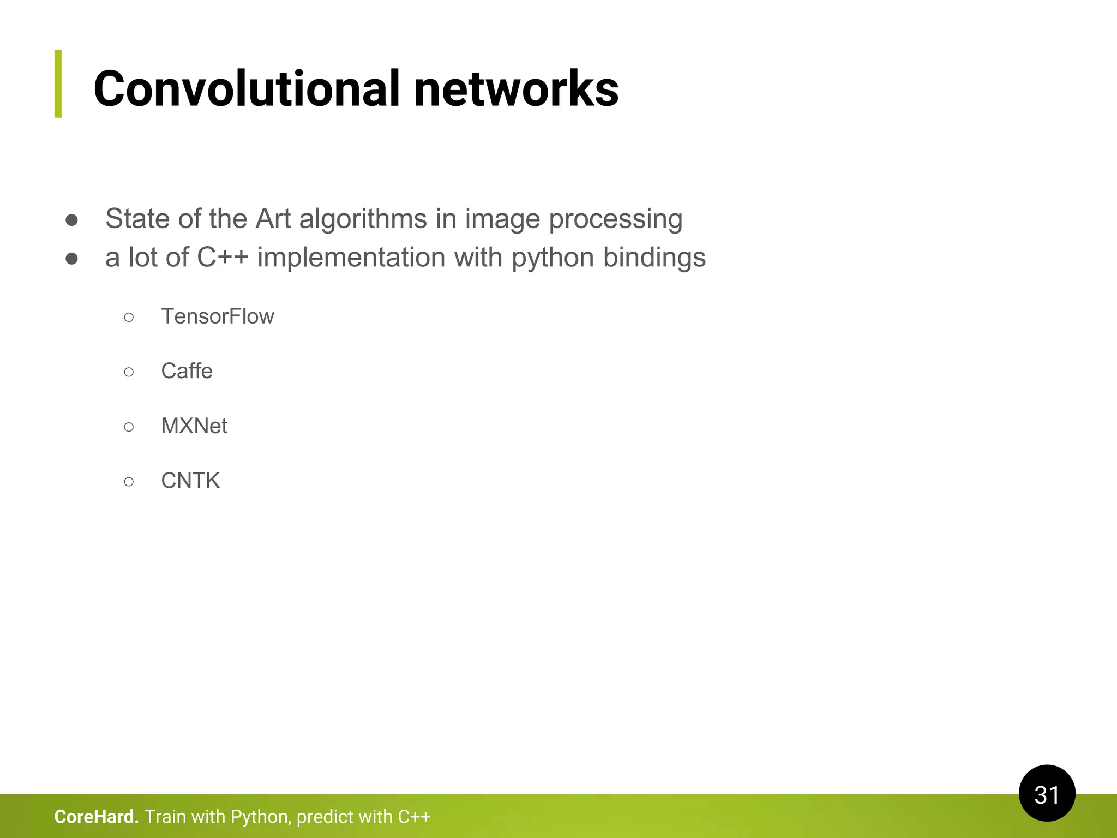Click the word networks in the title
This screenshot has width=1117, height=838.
[x=516, y=89]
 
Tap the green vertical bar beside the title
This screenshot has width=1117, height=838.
[x=58, y=83]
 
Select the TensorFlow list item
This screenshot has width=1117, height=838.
[x=217, y=316]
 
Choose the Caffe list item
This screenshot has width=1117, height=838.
[x=187, y=371]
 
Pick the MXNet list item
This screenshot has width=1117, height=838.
[x=194, y=426]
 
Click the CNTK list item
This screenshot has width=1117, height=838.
[x=190, y=481]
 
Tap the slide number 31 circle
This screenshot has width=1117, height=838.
[x=1047, y=794]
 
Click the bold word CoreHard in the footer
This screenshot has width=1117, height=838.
[x=96, y=817]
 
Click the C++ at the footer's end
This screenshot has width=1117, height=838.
[x=414, y=817]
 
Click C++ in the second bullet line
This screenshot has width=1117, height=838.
[x=223, y=258]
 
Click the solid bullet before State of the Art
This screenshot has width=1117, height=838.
[x=71, y=220]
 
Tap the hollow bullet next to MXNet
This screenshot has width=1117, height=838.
[x=129, y=427]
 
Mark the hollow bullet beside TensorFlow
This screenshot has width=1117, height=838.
[x=129, y=317]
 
